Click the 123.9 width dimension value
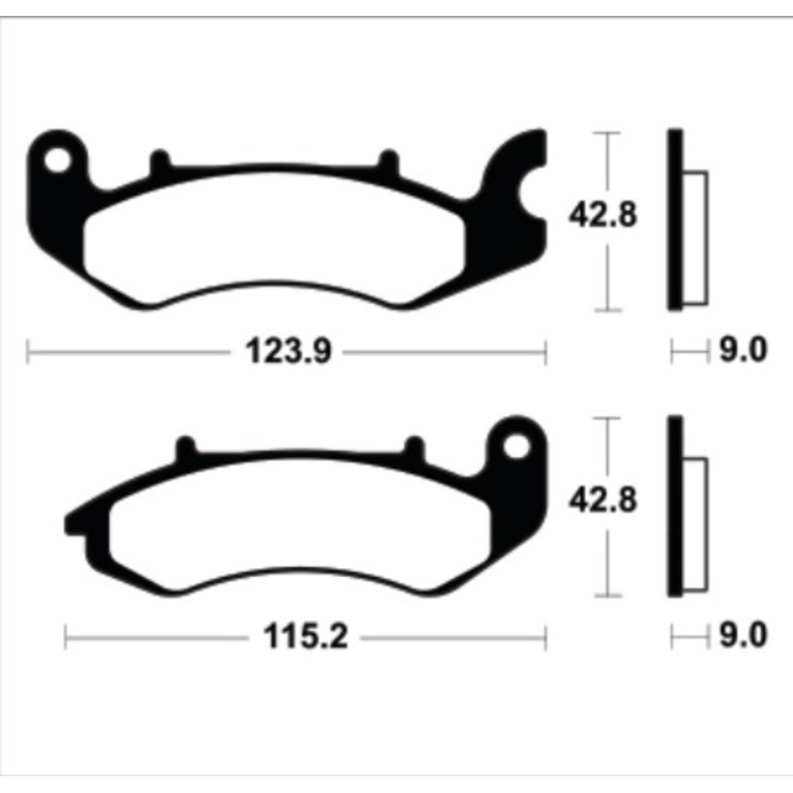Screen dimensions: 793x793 coord(286,350)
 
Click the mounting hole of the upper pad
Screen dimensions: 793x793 coord(58,158)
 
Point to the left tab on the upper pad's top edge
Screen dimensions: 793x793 coord(159,161)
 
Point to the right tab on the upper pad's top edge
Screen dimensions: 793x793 coord(389,162)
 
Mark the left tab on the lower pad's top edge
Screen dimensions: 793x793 coord(182,449)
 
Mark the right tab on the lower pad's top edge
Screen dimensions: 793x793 coord(412,449)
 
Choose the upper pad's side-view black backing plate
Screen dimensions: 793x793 coord(676,220)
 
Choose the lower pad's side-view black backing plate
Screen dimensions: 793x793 coord(676,506)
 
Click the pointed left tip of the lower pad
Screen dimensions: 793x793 coord(71,520)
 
